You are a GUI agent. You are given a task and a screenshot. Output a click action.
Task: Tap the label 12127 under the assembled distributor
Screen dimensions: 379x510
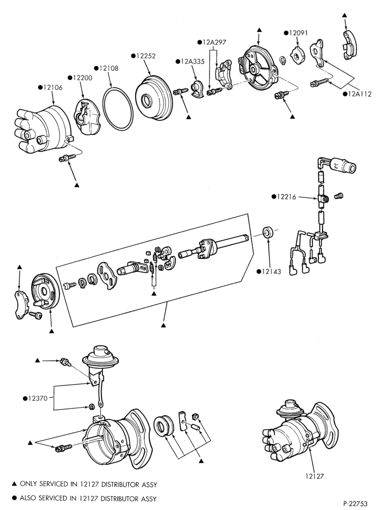click(x=315, y=476)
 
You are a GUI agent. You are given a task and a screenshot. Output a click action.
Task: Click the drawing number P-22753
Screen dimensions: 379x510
click(x=355, y=504)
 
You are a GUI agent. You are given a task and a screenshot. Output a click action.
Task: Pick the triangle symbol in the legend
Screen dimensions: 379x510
click(x=14, y=484)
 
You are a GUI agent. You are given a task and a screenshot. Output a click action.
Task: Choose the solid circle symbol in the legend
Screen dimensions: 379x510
click(x=14, y=498)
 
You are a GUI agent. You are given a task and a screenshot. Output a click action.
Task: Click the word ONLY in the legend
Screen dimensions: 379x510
click(x=28, y=484)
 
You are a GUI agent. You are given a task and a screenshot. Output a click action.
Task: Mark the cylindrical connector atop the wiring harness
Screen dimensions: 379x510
click(x=343, y=165)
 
